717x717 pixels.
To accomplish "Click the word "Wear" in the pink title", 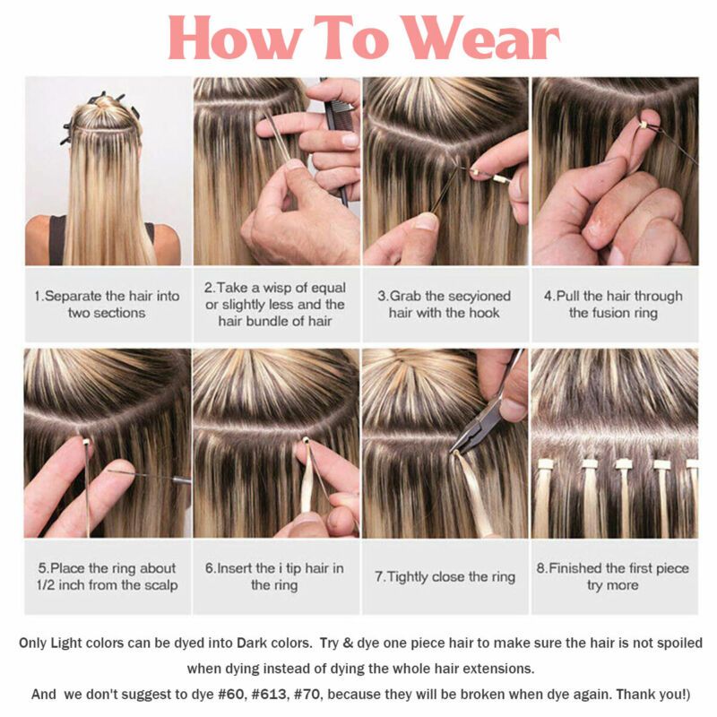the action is (x=482, y=38).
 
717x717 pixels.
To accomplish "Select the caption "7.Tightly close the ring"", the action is (x=445, y=576).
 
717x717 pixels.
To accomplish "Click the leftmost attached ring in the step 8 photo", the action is (x=545, y=464).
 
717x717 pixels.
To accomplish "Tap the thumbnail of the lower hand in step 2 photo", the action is (x=294, y=165).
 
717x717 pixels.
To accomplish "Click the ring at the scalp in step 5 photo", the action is (x=85, y=442).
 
